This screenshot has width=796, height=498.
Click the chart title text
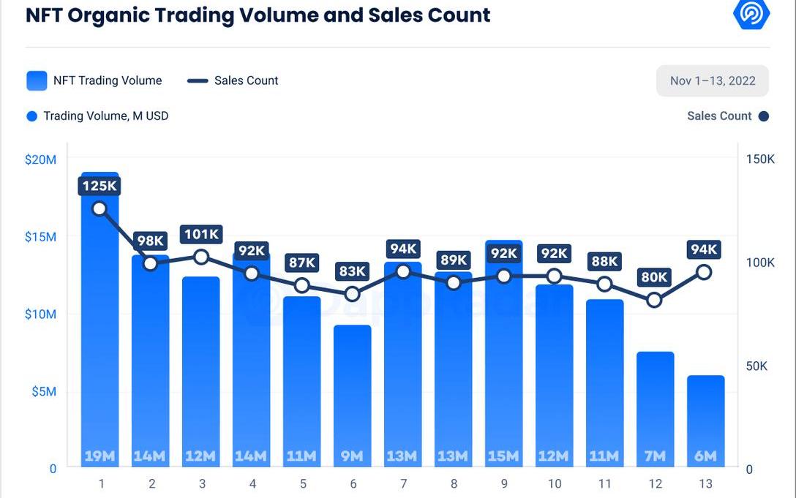point(258,15)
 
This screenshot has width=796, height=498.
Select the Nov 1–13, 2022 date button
point(712,80)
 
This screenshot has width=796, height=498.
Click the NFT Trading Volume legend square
point(37,80)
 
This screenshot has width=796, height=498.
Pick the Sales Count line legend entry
point(233,80)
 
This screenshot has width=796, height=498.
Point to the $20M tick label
point(40,159)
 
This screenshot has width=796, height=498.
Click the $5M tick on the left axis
point(44,391)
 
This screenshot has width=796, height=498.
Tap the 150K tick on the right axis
point(760,159)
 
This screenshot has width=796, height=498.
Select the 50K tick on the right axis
point(756,366)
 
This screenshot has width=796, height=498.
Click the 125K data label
point(99,186)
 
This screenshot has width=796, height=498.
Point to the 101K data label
point(201,235)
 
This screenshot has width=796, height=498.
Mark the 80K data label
point(654,277)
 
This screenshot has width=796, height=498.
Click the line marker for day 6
point(353,294)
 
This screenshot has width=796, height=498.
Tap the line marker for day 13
point(704,272)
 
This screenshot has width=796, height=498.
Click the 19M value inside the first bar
point(99,456)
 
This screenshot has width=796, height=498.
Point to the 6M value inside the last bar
point(705,456)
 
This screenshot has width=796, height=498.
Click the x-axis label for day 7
point(403,483)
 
